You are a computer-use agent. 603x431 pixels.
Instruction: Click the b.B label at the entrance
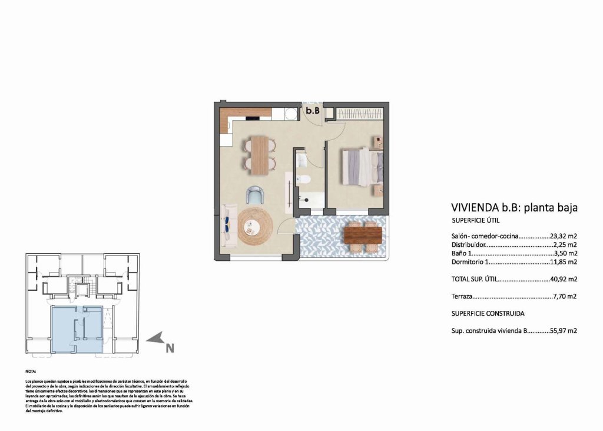click(312, 110)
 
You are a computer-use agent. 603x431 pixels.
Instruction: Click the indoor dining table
click(260, 155)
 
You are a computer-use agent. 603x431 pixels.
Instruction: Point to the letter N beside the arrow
click(170, 348)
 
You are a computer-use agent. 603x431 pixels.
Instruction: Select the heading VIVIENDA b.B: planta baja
click(513, 207)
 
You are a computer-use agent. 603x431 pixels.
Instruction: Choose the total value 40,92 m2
click(563, 279)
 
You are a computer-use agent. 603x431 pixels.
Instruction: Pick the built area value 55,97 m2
click(563, 331)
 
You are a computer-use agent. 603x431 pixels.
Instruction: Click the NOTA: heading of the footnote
click(31, 372)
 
